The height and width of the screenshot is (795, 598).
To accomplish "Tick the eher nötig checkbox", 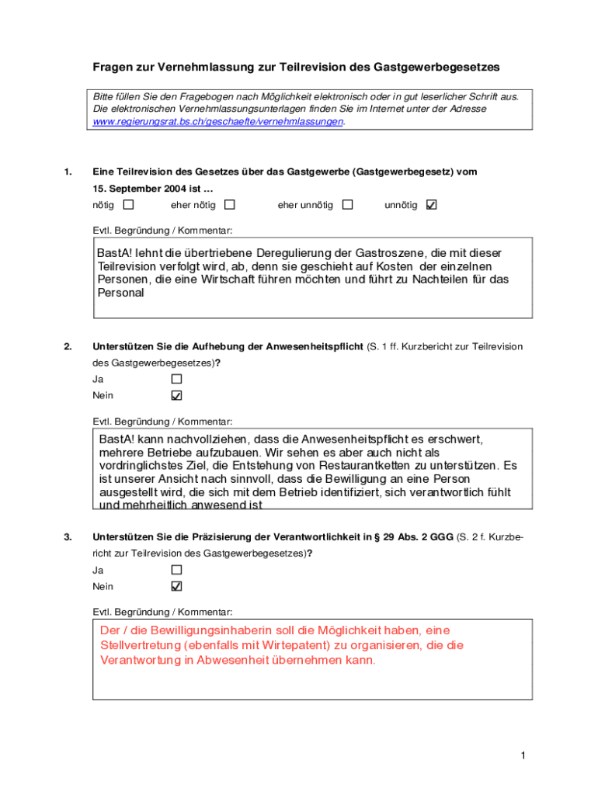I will [230, 205].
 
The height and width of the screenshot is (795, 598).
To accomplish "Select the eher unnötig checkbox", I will [347, 205].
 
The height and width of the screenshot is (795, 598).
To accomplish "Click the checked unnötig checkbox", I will [432, 205].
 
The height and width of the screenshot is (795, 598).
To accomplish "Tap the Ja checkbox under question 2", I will [176, 379].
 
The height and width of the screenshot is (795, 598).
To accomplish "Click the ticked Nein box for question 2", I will [176, 395].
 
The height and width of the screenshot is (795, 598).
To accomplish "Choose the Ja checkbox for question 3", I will [176, 570].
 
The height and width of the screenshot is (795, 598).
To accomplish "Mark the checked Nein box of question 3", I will [176, 586].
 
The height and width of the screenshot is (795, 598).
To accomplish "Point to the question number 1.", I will [68, 172].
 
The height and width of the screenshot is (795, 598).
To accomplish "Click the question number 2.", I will [68, 346].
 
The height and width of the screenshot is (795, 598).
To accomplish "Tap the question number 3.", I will [68, 536].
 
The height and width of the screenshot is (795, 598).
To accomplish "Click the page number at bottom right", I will [524, 755].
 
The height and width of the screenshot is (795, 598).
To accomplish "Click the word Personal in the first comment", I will [120, 293].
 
